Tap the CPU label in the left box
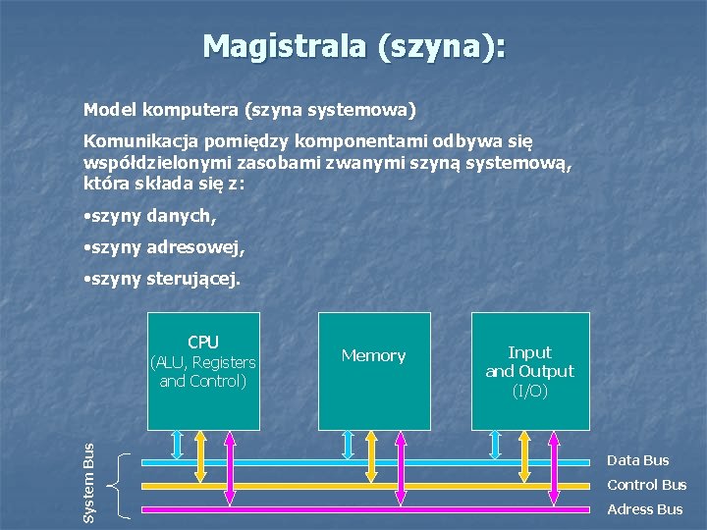coord(203,342)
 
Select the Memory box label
coord(373,355)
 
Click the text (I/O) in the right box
coord(530,391)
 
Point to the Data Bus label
coord(637,460)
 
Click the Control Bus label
coord(646,485)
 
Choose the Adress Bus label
coord(644,509)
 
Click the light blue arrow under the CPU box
coord(177,445)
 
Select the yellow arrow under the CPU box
coord(201,456)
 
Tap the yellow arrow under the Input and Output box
coord(524,456)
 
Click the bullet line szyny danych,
coord(150,214)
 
